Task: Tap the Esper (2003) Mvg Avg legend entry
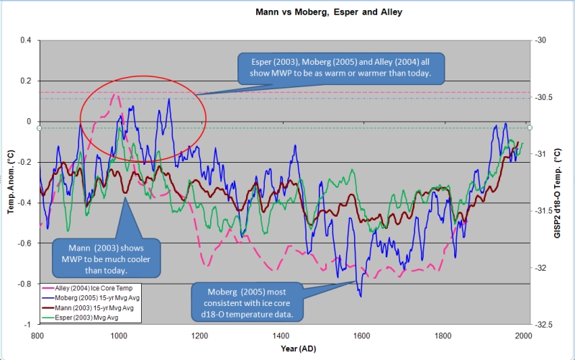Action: pyautogui.click(x=77, y=317)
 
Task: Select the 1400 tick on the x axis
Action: pyautogui.click(x=281, y=336)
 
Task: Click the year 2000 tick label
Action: pyautogui.click(x=523, y=336)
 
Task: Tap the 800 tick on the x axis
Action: pyautogui.click(x=39, y=336)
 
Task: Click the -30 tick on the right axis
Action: pyautogui.click(x=540, y=40)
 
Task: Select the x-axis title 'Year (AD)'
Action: pyautogui.click(x=281, y=348)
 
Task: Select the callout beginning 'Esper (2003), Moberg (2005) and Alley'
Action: pyautogui.click(x=343, y=67)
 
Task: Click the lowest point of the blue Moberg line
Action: pyautogui.click(x=361, y=297)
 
